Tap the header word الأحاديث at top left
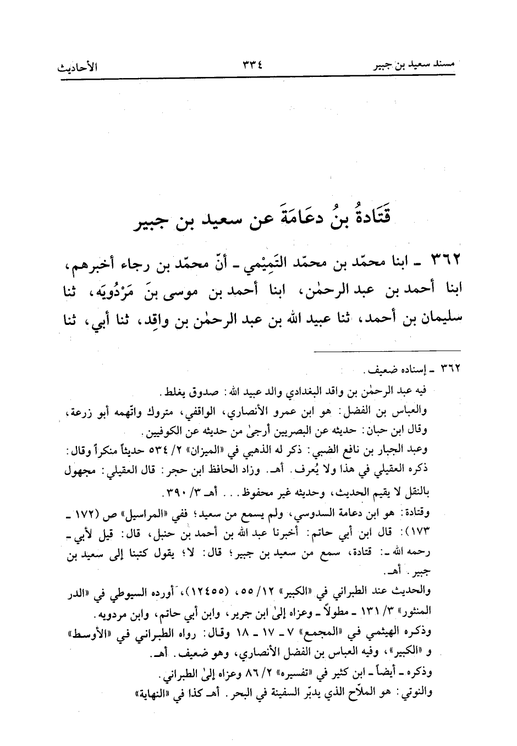pyautogui.click(x=78, y=69)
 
